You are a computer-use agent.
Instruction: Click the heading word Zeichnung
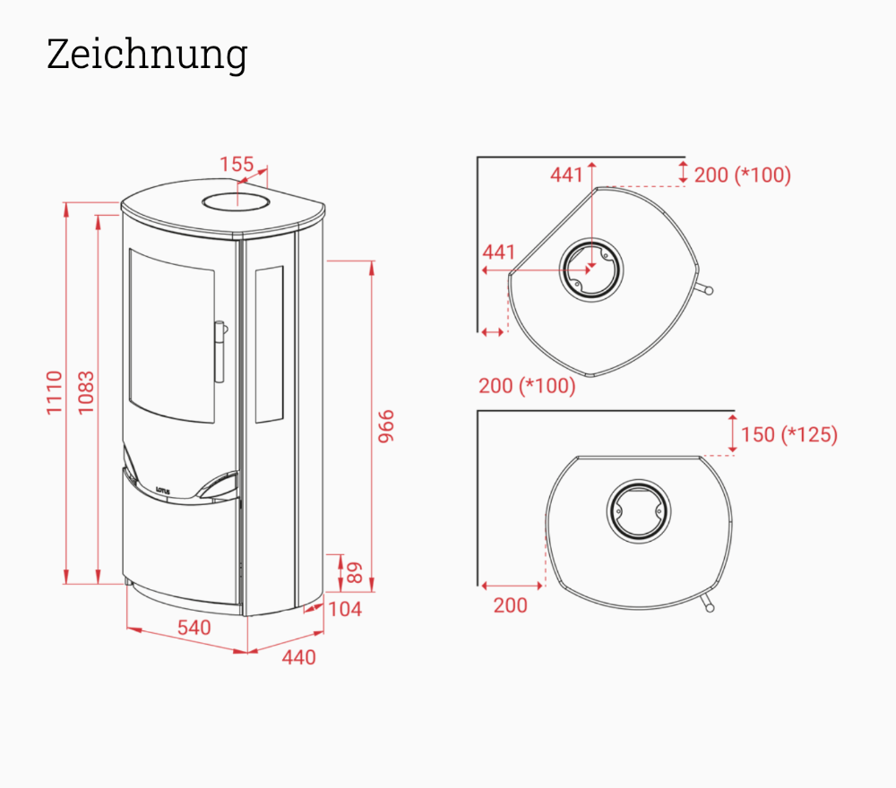coord(146,56)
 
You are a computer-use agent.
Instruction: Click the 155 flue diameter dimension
coord(237,165)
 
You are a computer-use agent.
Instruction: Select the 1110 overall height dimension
coord(56,391)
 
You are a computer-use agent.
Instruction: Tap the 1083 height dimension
coord(86,391)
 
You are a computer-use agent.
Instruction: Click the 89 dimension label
coord(355,572)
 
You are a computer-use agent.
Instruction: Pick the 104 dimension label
coord(345,609)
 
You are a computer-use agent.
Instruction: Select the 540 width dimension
coord(194,627)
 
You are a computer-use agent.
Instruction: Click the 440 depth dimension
coord(298,657)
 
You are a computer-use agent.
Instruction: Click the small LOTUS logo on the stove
coord(163,490)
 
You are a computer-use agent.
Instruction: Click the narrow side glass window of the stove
coord(269,344)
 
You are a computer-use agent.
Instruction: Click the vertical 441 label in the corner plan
coord(566,175)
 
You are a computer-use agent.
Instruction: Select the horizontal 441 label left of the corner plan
coord(499,252)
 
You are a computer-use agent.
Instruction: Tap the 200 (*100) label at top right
coord(743,175)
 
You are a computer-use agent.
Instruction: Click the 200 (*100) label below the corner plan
coord(527,387)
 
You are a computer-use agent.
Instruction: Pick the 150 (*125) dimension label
coord(789,435)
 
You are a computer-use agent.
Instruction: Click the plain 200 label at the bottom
coord(510,605)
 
